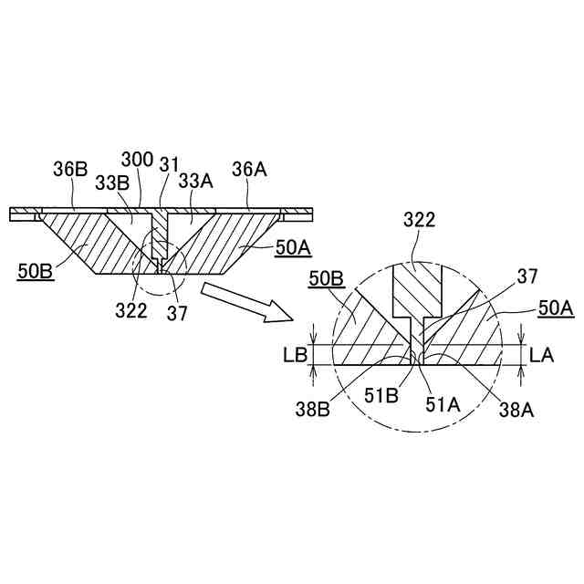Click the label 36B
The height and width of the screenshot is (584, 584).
[69, 169]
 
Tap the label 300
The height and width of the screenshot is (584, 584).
[137, 161]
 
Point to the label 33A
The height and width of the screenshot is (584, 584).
[194, 181]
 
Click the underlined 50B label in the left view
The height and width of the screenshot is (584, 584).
[36, 270]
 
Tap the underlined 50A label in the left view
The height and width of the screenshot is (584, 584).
[294, 245]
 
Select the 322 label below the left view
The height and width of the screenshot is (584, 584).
[131, 310]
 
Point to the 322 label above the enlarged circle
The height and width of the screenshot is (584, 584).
[419, 219]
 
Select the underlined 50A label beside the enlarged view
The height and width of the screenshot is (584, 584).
[556, 309]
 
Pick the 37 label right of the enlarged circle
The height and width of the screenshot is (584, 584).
[527, 275]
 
